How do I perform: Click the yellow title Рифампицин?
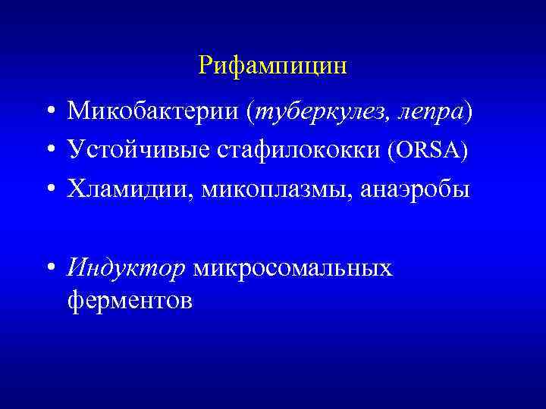coord(272,65)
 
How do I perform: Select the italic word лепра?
coord(429,113)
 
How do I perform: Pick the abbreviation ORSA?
coord(426,151)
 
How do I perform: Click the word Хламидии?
coord(128,189)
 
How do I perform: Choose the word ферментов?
coord(130,300)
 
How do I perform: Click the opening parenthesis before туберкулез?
coord(250,113)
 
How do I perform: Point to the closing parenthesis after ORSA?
coord(464,151)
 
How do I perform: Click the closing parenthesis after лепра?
coord(469,113)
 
